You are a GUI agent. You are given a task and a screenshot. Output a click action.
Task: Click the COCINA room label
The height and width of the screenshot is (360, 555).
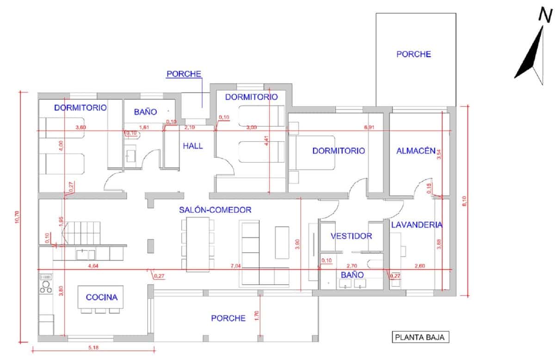point(102,298)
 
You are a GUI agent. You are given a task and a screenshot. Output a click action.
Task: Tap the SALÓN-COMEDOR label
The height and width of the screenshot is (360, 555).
point(215,210)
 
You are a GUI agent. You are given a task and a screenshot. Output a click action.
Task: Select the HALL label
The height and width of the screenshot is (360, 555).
point(193,146)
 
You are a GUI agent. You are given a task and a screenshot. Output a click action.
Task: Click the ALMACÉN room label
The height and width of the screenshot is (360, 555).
point(415,150)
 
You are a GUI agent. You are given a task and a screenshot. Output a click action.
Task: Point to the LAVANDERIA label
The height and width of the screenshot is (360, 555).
point(416,225)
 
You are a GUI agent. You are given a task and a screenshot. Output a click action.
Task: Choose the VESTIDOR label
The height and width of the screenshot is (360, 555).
point(351,236)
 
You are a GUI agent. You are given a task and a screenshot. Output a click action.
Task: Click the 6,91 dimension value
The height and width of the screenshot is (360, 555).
point(369,127)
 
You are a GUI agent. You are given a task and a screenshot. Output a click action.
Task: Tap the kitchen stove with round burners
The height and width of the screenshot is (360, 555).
point(46,283)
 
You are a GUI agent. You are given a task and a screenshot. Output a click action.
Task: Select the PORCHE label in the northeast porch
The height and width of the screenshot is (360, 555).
point(413,54)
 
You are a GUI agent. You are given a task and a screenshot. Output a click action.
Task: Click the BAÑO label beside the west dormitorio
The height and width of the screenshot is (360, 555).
point(146,112)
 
